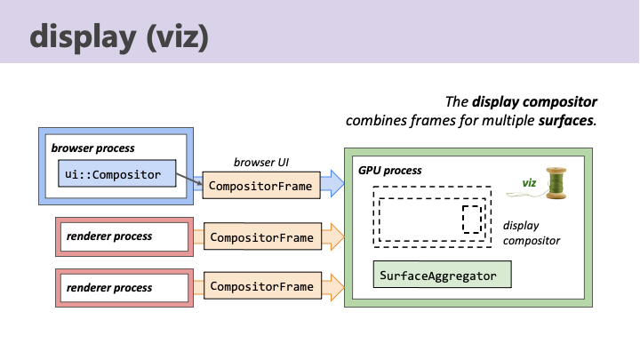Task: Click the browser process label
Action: [92, 148]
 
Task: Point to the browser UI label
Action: [260, 164]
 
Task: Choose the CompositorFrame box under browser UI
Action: [260, 187]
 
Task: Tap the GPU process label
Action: [389, 169]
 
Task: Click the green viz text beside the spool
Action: [529, 183]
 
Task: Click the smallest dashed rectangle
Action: [472, 218]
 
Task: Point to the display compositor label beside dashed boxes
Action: [531, 233]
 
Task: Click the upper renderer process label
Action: [108, 236]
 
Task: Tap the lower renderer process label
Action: [108, 287]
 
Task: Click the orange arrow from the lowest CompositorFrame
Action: [332, 287]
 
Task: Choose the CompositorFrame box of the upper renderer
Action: [260, 237]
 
